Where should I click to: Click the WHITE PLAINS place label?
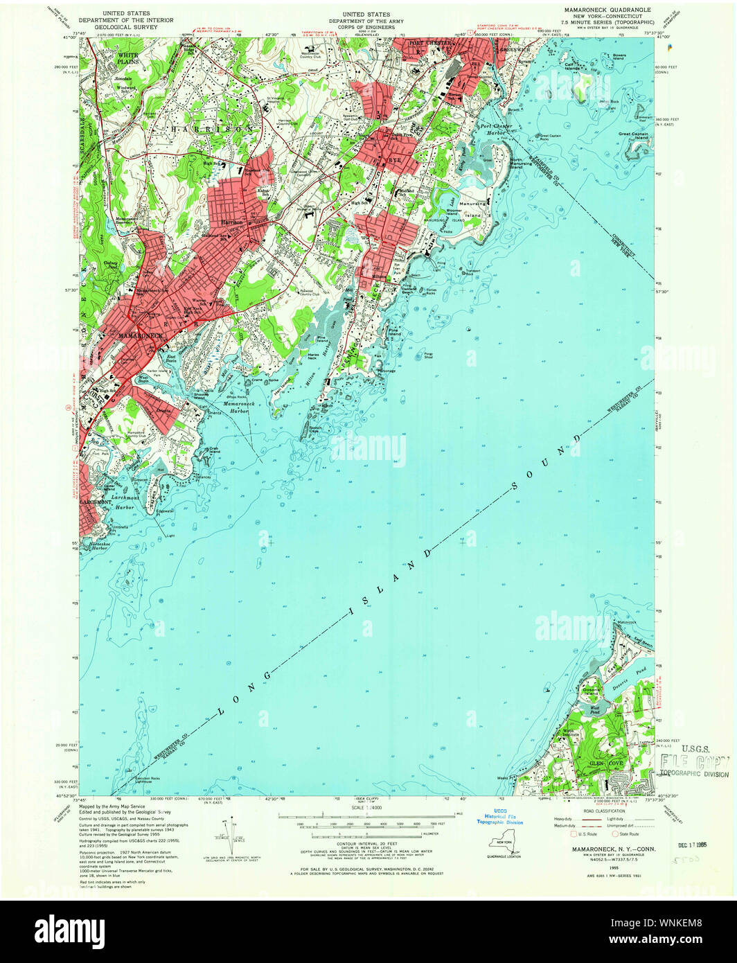[x=127, y=58]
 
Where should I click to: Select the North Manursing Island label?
[x=526, y=164]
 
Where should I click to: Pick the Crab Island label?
[x=215, y=450]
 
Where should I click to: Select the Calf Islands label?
[x=574, y=64]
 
